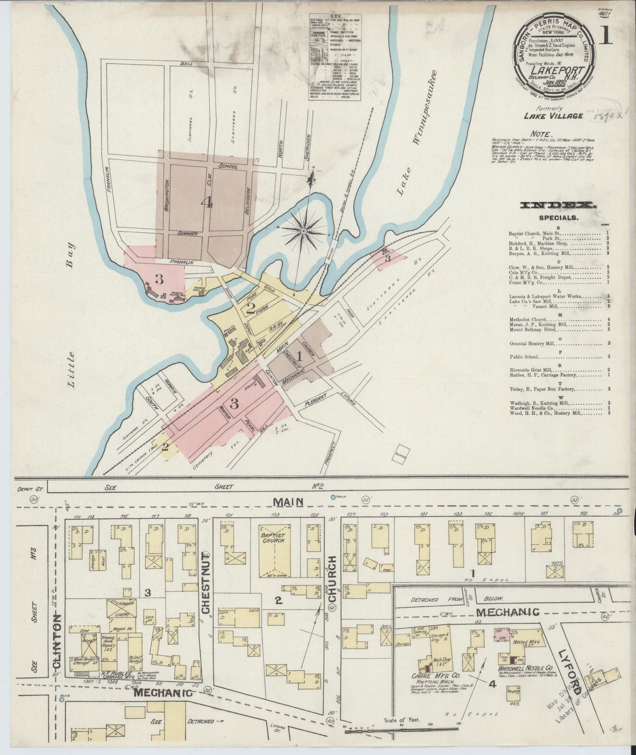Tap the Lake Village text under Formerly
coord(553,116)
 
